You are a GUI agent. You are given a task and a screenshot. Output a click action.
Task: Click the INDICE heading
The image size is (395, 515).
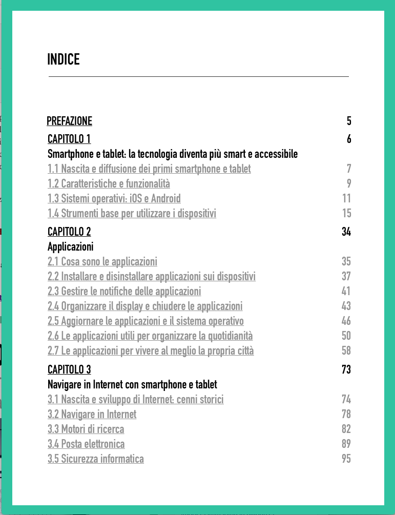click(x=64, y=59)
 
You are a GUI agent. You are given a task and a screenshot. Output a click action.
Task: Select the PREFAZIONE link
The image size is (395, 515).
click(x=69, y=121)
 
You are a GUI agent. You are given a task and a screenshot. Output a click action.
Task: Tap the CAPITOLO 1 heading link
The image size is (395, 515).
click(x=69, y=139)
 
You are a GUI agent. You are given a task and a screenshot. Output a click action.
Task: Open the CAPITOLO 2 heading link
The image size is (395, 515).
click(x=69, y=232)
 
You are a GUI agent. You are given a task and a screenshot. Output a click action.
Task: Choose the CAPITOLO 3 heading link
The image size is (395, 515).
click(x=69, y=369)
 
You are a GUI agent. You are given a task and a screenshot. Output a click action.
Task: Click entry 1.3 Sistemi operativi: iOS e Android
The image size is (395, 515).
click(x=114, y=198)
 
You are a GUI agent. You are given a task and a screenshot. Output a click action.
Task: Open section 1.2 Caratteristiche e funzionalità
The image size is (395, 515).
click(x=109, y=183)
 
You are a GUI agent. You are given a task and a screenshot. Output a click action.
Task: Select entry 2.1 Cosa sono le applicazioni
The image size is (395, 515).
click(x=102, y=262)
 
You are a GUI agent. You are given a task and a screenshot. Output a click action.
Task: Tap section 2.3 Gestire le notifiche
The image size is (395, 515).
click(x=124, y=292)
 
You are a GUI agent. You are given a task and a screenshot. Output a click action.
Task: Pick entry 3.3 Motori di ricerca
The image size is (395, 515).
click(x=86, y=429)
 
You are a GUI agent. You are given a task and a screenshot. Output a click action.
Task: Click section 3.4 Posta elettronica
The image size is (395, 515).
click(x=86, y=444)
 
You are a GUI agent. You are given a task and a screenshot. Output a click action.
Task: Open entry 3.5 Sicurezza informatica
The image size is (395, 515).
click(x=96, y=459)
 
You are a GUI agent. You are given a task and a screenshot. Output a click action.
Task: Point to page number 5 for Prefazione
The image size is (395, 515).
click(x=349, y=121)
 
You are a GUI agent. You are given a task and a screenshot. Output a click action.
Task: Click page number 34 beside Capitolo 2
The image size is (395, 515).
click(x=346, y=232)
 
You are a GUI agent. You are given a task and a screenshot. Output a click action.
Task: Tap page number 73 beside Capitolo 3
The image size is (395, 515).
click(x=346, y=369)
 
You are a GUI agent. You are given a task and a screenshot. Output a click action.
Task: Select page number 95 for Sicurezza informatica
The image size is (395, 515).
click(x=346, y=459)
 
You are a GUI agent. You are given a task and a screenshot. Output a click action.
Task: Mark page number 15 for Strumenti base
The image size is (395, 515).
click(x=346, y=213)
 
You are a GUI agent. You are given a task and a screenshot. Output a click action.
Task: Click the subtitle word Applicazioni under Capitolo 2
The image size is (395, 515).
click(x=71, y=246)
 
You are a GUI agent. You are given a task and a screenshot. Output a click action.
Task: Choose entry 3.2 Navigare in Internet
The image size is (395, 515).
click(x=92, y=414)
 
